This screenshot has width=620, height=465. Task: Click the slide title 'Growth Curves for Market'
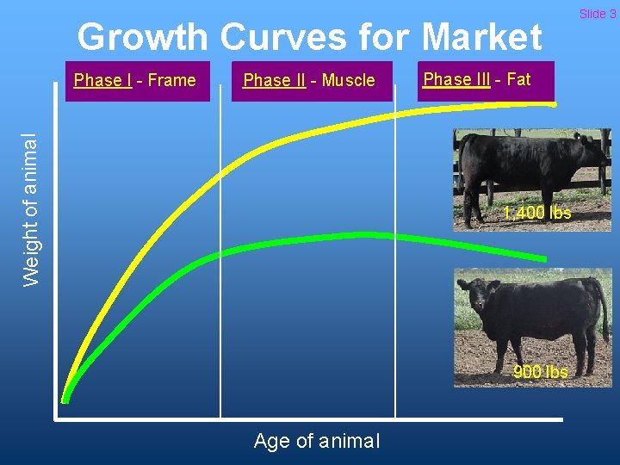coord(309,38)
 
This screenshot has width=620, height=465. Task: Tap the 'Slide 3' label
coord(597,13)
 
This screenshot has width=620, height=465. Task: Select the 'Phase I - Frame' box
coord(137,81)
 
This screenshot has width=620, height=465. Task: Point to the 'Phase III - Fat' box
coord(486,80)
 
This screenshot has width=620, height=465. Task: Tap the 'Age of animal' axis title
coord(316,441)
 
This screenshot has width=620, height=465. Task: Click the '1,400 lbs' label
coord(536,213)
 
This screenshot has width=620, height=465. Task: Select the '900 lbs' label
coord(540,372)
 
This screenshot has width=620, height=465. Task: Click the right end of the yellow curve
coord(553,104)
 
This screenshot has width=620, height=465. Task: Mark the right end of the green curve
coord(543,258)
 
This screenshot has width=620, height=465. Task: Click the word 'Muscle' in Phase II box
coord(348,81)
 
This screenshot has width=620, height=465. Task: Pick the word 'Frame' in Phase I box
coord(171,81)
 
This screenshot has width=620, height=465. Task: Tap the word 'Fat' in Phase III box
coord(518,79)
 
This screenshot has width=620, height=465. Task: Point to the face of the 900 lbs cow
coord(474,295)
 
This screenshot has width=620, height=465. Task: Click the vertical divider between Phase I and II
coord(220,258)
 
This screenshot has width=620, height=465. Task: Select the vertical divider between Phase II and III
coord(395,258)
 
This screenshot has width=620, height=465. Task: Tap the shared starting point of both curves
coord(65,398)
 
